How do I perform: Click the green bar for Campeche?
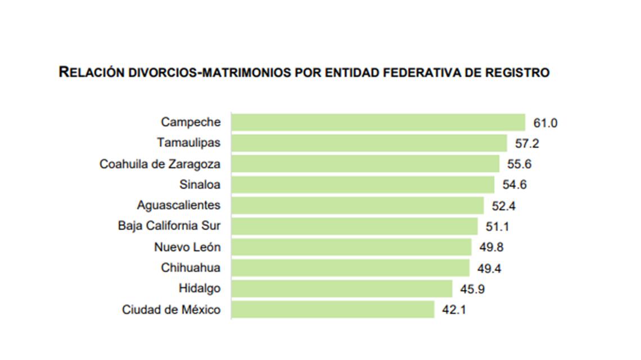[x=378, y=122]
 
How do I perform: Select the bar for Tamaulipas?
[x=369, y=143]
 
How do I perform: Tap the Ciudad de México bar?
[x=333, y=309]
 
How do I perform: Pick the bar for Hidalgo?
[x=342, y=289]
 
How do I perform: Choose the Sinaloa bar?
[x=363, y=184]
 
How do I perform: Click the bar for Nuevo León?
[x=351, y=247]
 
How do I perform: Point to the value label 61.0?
[x=545, y=123]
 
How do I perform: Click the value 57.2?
[x=527, y=143]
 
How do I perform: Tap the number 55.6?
[x=520, y=164]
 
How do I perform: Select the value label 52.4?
[x=504, y=206]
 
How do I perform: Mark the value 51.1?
[x=498, y=227]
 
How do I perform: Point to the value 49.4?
[x=490, y=268]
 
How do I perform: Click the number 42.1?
[x=454, y=310]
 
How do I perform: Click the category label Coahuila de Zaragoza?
[x=160, y=164]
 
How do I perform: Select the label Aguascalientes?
[x=179, y=206]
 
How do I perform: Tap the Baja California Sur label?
[x=169, y=226]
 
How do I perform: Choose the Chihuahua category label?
[x=191, y=268]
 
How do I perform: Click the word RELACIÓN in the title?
[x=91, y=73]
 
